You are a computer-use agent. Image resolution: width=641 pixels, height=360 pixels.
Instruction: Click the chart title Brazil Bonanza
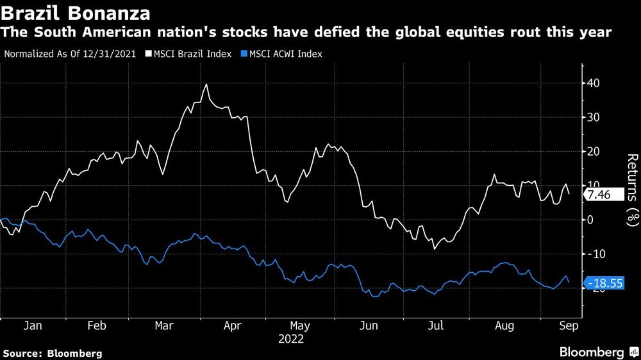tap(76, 13)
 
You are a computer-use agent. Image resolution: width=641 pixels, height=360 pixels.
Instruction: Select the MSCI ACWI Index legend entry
tap(284, 54)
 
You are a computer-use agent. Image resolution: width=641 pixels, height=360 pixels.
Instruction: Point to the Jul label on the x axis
tap(436, 326)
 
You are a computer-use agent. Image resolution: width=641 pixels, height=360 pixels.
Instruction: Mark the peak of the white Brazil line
tap(206, 84)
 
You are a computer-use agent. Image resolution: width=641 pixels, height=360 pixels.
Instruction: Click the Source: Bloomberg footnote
tap(53, 353)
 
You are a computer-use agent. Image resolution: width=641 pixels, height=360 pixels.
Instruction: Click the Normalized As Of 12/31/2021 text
tap(69, 54)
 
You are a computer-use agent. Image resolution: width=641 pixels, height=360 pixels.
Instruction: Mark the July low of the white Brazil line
tap(434, 249)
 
